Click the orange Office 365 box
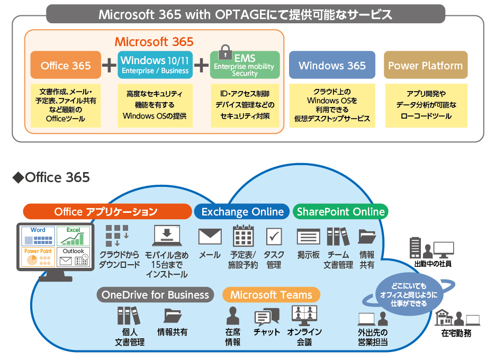point(66,66)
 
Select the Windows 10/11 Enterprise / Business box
point(155,65)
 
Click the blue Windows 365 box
point(332,66)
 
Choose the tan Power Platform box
point(425,66)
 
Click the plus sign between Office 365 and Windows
point(109,65)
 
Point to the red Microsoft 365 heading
point(154,41)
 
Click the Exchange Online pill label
point(242,212)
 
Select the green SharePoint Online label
point(340,212)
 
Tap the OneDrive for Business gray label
point(155,295)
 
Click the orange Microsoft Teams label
point(271,295)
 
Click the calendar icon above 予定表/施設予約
point(243,236)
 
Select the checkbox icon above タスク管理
point(274,236)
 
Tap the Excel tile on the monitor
point(74,236)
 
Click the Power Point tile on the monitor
point(38,257)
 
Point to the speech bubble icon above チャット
point(266,317)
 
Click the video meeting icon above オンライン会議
point(304,316)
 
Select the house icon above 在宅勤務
point(443,318)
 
